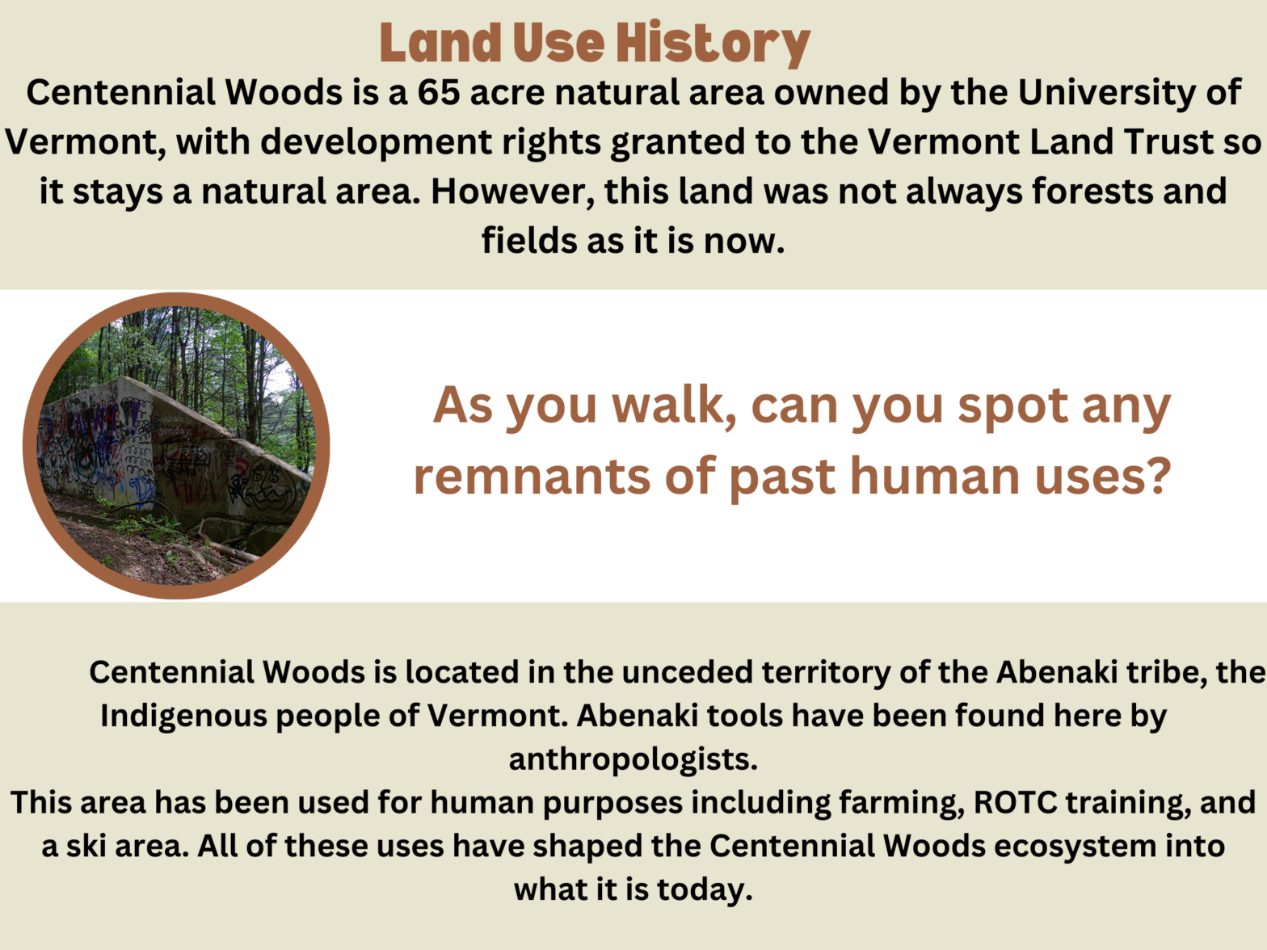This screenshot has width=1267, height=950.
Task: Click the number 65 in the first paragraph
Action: [x=439, y=92]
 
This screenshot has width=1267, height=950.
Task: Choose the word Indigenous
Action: [x=182, y=715]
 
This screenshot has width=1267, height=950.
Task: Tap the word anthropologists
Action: [x=633, y=759]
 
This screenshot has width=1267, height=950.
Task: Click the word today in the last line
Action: [x=704, y=889]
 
